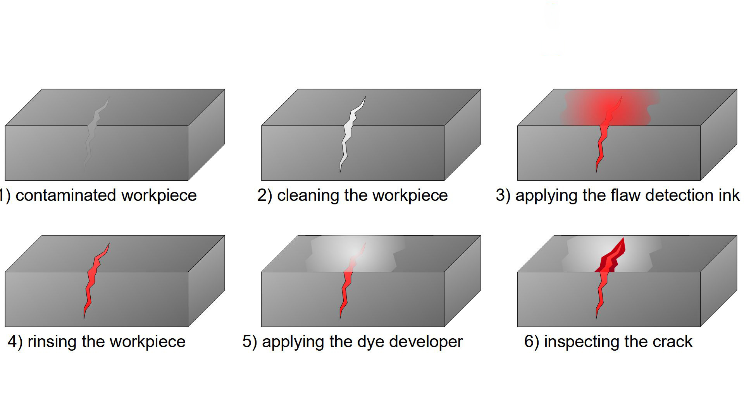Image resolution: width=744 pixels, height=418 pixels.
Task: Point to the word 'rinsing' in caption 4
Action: [52, 342]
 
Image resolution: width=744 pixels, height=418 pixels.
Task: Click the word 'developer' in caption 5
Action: [426, 342]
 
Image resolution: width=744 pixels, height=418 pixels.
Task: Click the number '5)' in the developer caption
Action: [250, 342]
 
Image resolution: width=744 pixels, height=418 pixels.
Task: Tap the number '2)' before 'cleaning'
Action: [265, 195]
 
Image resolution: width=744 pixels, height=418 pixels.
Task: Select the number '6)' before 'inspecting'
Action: [532, 342]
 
